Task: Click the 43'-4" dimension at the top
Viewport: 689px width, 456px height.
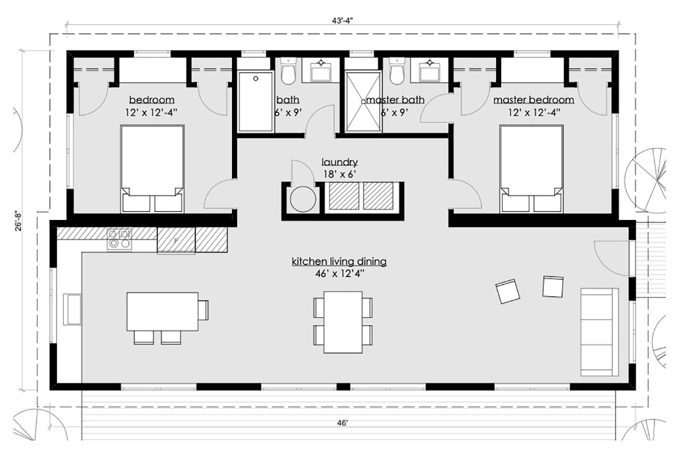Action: coord(342,21)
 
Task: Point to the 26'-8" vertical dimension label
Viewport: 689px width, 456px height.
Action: coord(18,221)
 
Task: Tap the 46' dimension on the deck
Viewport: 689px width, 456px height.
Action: coord(342,423)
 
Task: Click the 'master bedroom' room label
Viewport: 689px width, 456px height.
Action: coord(533,100)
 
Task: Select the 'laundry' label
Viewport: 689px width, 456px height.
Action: coord(339,162)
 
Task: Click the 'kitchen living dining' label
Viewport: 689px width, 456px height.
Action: coord(339,261)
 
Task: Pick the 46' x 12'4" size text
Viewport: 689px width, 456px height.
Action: coord(339,274)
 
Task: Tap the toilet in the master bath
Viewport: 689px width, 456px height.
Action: coord(397,71)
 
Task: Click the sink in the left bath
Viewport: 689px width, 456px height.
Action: coord(321,70)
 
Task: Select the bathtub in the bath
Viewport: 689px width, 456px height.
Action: coord(256,102)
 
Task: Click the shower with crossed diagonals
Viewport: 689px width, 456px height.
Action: coord(363,102)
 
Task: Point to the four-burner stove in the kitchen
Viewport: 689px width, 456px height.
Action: coord(119,239)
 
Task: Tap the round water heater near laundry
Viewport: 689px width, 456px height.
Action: coord(303,199)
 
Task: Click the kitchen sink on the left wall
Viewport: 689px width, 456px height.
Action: coord(72,309)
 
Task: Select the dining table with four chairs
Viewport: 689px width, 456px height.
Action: coord(343,322)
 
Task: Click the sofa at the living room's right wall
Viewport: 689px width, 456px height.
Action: coord(599,332)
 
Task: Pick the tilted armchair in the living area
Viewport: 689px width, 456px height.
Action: coord(508,291)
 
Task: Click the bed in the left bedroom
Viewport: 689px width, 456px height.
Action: coord(153,169)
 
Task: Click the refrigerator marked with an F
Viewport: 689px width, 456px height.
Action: coord(176,241)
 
